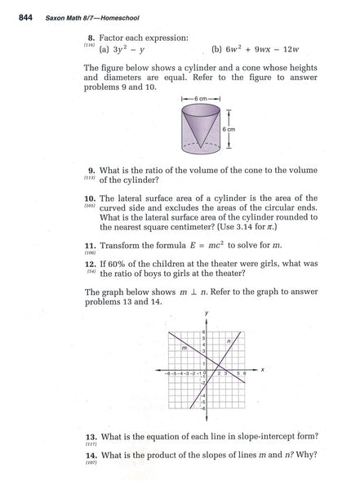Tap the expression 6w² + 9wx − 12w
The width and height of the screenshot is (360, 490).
tap(248, 48)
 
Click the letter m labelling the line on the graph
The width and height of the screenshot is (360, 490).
tap(185, 346)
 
